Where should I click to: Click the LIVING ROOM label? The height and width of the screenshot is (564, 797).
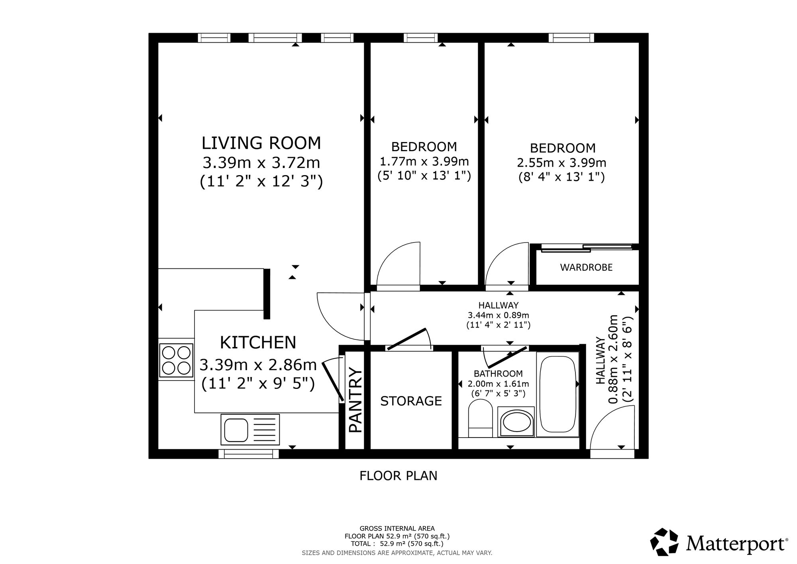click(261, 143)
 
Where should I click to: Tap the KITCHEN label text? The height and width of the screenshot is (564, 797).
click(258, 343)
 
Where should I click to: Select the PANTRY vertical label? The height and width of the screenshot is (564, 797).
click(355, 400)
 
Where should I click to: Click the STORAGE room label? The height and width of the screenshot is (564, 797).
click(411, 401)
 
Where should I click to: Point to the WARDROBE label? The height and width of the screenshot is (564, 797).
click(586, 267)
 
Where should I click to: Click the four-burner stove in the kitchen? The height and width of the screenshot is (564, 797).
click(176, 360)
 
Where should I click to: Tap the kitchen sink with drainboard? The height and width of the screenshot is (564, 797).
click(250, 429)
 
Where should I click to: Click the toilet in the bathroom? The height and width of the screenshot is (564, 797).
click(481, 418)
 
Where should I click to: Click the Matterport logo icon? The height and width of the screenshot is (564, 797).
click(664, 542)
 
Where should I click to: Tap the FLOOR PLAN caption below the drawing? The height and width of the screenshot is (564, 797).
click(398, 476)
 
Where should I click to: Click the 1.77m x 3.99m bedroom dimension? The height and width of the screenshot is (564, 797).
click(424, 162)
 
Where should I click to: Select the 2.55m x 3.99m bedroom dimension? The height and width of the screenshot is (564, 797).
click(561, 163)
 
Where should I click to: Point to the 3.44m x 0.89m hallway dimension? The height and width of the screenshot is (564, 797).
click(499, 315)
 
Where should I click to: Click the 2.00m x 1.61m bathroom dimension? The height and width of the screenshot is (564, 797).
click(499, 384)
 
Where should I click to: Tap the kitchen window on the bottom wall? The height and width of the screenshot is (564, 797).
click(249, 454)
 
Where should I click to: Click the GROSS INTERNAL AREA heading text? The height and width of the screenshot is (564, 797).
click(397, 529)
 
